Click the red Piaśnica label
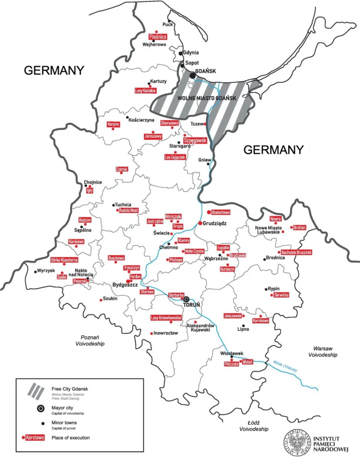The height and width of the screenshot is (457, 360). (157, 37)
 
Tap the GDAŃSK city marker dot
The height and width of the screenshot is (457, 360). (193, 76)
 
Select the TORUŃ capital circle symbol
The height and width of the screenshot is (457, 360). (187, 299)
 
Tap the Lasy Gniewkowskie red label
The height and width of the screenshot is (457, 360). (166, 318)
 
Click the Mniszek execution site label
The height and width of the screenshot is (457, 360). (174, 216)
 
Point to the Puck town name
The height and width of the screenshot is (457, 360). (167, 25)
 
